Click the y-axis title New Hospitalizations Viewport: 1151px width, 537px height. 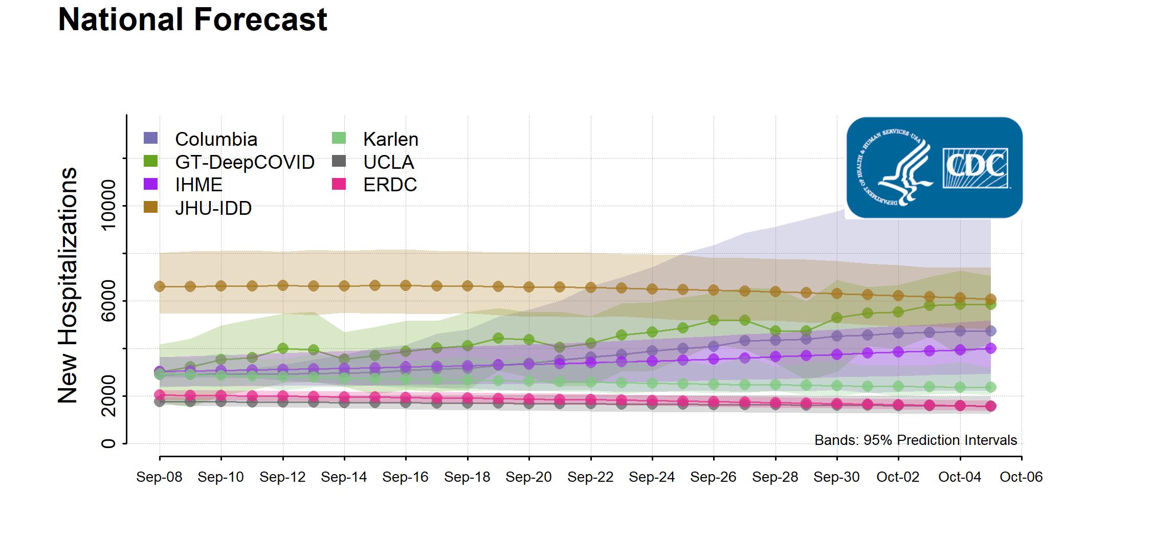[68, 285]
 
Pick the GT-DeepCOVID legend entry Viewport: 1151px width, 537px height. [244, 162]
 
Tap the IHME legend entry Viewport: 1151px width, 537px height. [198, 185]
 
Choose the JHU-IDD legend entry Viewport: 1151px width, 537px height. [213, 208]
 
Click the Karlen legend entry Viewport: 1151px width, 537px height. [390, 139]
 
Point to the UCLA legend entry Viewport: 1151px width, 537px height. [388, 162]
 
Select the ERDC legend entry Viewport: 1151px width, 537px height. [390, 185]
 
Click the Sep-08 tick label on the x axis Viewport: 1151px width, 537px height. [159, 477]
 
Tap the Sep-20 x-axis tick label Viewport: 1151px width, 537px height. [528, 477]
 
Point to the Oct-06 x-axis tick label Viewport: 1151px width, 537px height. [1021, 477]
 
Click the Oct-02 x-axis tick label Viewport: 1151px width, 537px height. [898, 477]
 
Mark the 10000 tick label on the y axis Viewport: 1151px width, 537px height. [109, 206]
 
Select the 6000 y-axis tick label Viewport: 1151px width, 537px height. [109, 301]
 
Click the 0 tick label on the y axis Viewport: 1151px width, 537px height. [109, 443]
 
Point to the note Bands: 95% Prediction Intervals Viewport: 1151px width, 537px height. [916, 440]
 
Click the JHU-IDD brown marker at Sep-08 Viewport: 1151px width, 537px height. [160, 286]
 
